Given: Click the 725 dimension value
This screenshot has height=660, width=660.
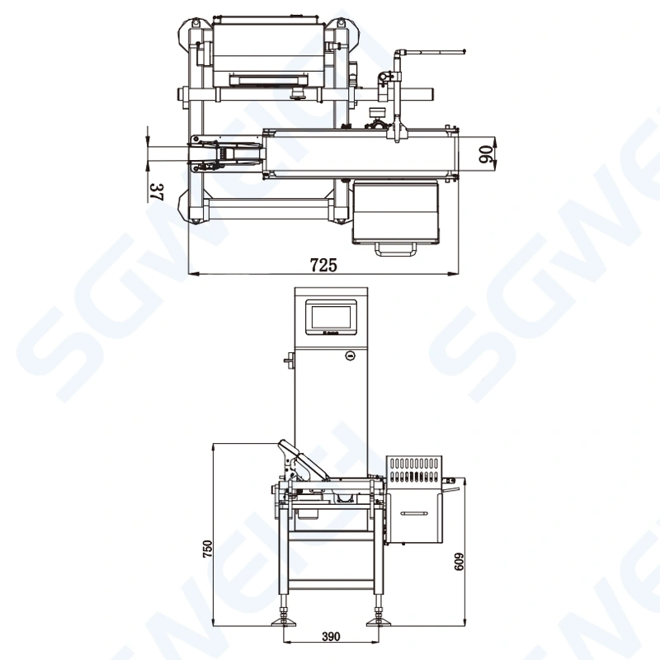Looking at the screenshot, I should tap(323, 265).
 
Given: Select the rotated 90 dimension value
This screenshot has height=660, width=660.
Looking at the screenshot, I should tap(485, 154).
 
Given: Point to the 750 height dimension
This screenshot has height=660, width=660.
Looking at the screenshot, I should tap(208, 549).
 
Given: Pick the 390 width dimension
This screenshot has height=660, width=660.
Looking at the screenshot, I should tap(331, 637).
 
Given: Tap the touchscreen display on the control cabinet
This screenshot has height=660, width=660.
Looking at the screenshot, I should tap(330, 317).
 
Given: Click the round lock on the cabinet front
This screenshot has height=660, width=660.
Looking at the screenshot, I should tap(350, 356).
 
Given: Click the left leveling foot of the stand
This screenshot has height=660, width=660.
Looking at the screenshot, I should tap(285, 619).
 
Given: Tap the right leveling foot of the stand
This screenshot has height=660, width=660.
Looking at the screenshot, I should tap(379, 619).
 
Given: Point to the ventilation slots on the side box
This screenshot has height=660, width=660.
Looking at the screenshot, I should tap(414, 470).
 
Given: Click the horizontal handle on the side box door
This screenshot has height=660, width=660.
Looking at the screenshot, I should tap(414, 514).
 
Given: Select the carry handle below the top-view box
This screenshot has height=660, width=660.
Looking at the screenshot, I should tap(396, 247).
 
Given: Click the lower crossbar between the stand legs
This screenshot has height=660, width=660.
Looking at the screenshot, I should tap(332, 584).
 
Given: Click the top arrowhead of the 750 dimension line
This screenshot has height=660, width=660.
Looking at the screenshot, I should tap(214, 446).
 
